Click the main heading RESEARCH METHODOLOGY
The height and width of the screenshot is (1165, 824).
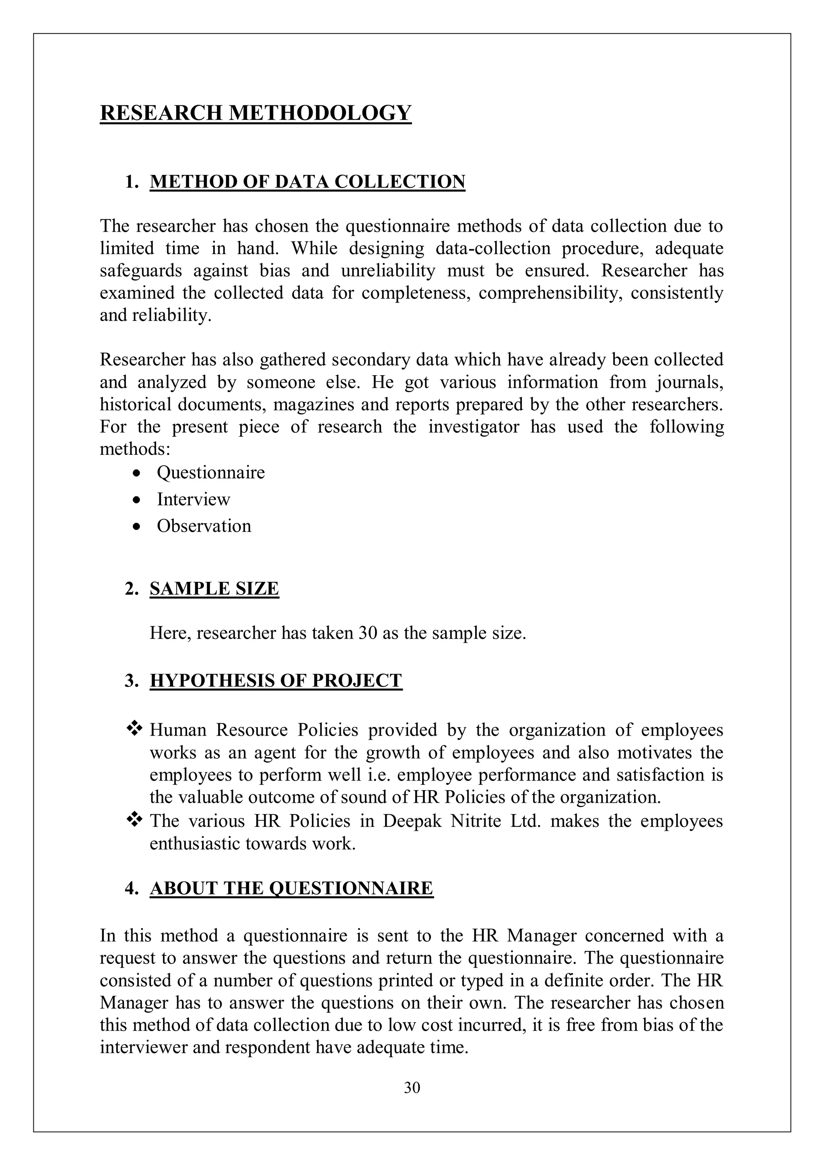(x=255, y=112)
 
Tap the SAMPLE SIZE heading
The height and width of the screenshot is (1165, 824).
(x=214, y=589)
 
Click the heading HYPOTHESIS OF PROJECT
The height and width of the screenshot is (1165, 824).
(x=276, y=680)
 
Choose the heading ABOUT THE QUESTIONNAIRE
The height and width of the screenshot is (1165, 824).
(x=291, y=888)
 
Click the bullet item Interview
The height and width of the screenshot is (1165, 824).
(x=194, y=499)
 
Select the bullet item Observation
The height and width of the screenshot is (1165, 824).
(x=204, y=526)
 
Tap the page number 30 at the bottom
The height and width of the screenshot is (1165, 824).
(x=412, y=1087)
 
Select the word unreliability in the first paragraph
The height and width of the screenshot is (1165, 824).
(x=388, y=271)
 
